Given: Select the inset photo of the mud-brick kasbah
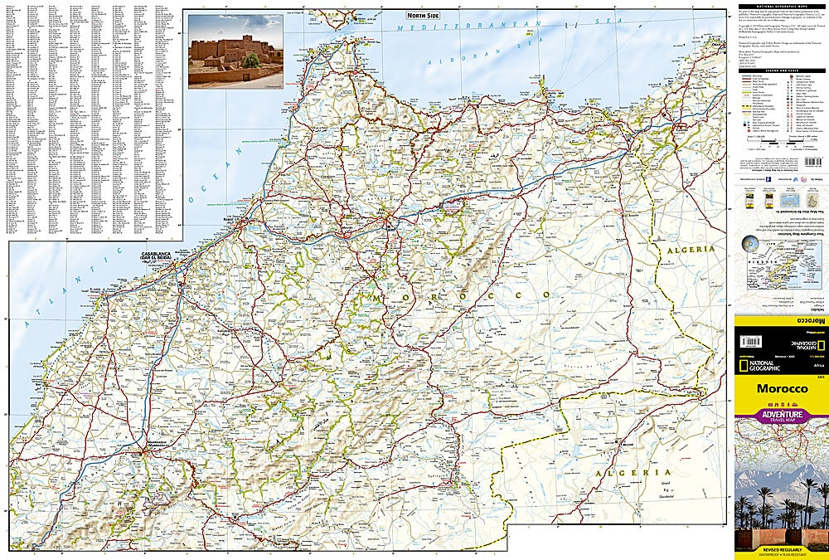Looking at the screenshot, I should [x=235, y=51].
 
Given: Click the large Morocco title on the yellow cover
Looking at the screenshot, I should [x=781, y=388].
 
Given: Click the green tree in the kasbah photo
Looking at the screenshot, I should [x=251, y=61].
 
